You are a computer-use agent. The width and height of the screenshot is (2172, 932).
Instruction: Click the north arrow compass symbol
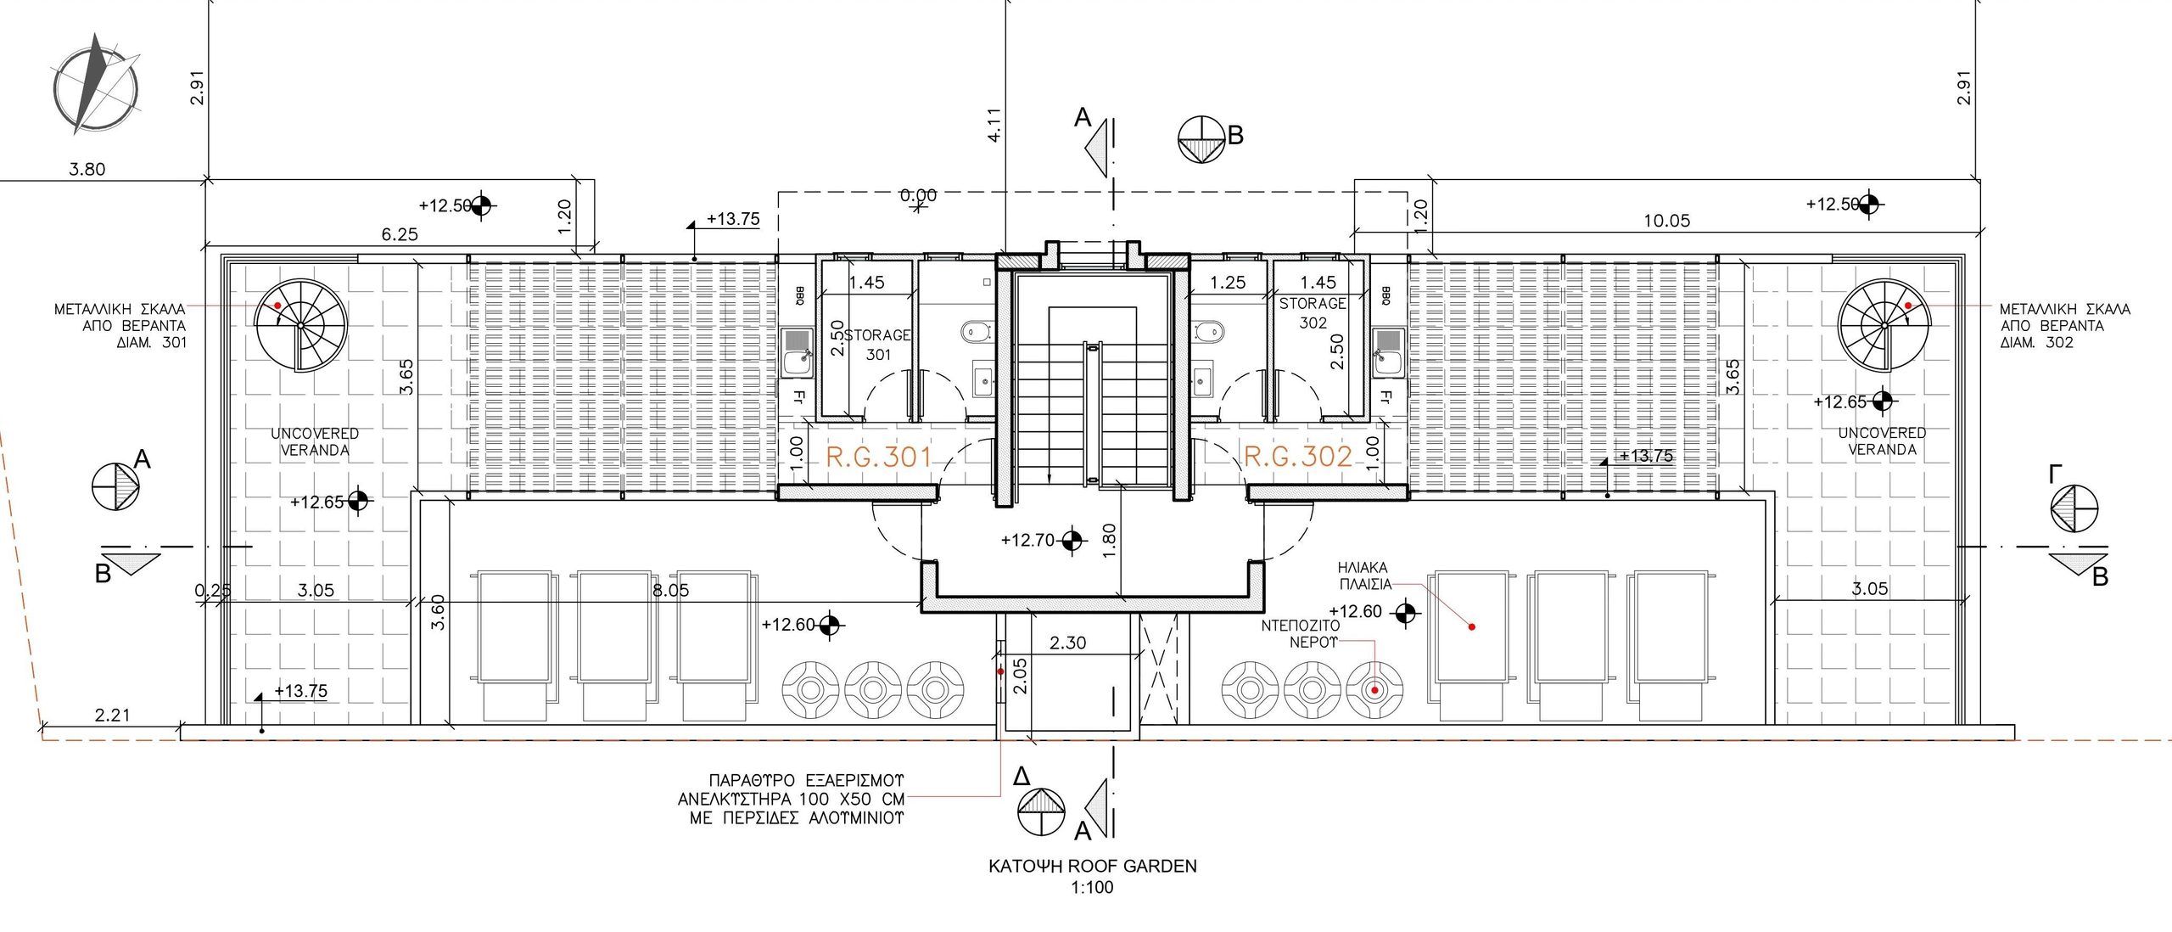pyautogui.click(x=96, y=85)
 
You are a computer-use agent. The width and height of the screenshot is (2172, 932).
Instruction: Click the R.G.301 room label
pyautogui.click(x=879, y=458)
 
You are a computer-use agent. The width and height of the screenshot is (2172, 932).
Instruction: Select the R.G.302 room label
pyautogui.click(x=1298, y=457)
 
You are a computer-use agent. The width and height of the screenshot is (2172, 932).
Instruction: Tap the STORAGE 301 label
pyautogui.click(x=877, y=345)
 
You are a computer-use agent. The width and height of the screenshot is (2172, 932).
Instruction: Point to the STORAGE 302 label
pyautogui.click(x=1313, y=313)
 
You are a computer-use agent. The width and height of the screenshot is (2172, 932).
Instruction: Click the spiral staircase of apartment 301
pyautogui.click(x=300, y=325)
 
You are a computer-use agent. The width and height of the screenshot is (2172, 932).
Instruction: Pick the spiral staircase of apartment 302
pyautogui.click(x=1884, y=324)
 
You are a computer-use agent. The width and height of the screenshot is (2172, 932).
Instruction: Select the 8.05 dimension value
pyautogui.click(x=670, y=590)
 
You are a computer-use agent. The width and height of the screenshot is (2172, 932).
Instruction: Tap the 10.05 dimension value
pyautogui.click(x=1667, y=221)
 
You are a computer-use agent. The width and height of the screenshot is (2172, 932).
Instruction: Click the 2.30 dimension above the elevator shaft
pyautogui.click(x=1067, y=643)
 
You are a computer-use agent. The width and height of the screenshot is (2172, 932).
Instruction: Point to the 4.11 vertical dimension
pyautogui.click(x=995, y=125)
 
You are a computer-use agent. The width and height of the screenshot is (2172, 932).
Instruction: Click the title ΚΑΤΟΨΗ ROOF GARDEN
pyautogui.click(x=1093, y=867)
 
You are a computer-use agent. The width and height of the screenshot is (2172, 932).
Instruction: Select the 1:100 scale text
pyautogui.click(x=1093, y=888)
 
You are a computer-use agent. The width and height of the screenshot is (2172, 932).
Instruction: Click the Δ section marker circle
pyautogui.click(x=1040, y=812)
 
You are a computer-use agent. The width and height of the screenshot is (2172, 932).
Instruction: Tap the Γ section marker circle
pyautogui.click(x=2074, y=509)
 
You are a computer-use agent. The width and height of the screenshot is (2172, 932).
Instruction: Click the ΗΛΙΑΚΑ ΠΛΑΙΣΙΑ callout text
pyautogui.click(x=1364, y=575)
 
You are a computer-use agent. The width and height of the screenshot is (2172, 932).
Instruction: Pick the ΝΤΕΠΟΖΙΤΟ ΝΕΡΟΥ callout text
pyautogui.click(x=1301, y=634)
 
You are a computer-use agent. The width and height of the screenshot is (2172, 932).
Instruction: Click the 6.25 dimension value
pyautogui.click(x=399, y=234)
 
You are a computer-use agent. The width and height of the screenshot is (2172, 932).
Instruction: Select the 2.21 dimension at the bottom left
pyautogui.click(x=112, y=716)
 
